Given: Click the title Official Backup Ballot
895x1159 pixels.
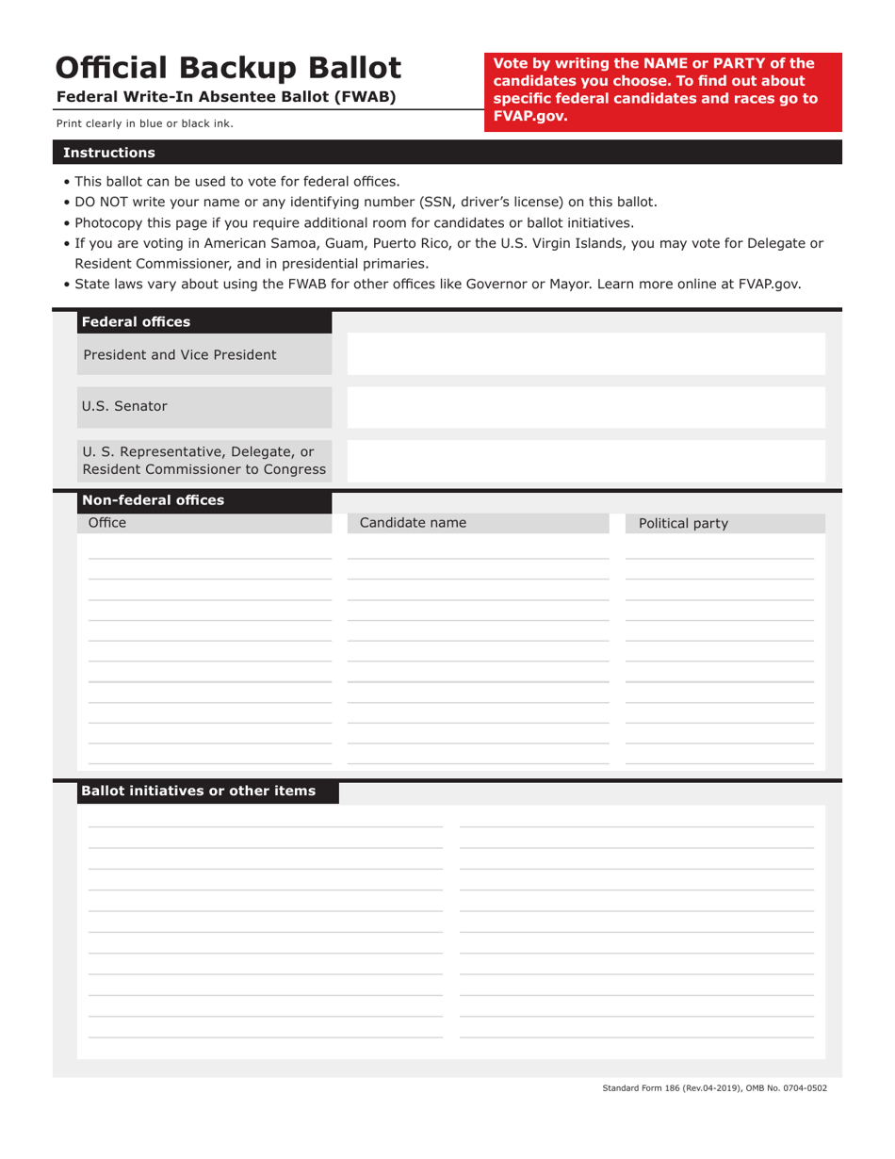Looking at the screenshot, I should tap(228, 68).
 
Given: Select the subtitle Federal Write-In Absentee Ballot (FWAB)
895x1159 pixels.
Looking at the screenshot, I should tap(226, 97).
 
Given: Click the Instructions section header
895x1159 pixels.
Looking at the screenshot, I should tap(108, 153).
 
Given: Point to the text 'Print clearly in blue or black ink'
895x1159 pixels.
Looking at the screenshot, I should tap(144, 123).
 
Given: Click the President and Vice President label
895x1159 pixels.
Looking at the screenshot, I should tap(180, 355).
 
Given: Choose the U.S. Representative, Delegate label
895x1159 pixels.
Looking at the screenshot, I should tap(198, 459).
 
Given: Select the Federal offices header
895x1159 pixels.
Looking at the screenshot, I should tap(136, 322).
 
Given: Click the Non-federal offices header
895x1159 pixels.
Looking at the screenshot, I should tap(153, 500).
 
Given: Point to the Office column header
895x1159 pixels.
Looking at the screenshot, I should tap(106, 523).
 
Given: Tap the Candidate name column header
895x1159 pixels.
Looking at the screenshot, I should tap(413, 523).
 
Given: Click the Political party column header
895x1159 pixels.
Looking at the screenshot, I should tap(683, 524).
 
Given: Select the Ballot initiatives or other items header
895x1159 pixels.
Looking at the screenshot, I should tap(198, 791).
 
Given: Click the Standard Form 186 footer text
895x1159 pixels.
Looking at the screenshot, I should tap(714, 1088).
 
